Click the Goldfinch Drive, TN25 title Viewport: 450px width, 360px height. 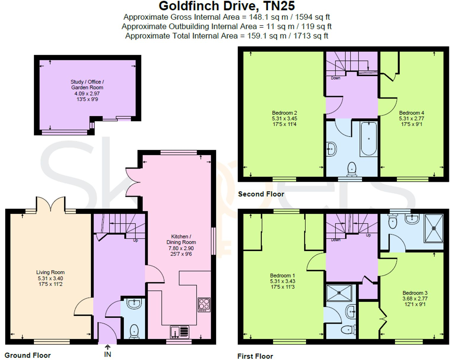[227, 6]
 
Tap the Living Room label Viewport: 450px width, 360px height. [50, 272]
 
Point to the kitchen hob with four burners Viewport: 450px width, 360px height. [204, 304]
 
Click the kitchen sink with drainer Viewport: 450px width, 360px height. [180, 332]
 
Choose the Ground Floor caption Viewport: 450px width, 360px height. [28, 355]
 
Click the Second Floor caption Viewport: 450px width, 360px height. [261, 194]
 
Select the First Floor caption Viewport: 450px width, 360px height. [255, 356]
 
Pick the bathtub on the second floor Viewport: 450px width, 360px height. [368, 139]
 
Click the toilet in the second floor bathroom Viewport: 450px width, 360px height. [351, 169]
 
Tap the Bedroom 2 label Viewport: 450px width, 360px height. [284, 113]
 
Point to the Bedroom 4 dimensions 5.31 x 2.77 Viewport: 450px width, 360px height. [411, 119]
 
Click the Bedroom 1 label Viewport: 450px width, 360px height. [282, 275]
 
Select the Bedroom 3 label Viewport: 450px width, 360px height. [415, 293]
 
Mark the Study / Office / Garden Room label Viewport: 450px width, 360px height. [87, 85]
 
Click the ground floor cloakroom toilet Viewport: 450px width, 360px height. [134, 331]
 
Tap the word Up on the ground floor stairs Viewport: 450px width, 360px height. [135, 240]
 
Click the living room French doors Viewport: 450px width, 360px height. [51, 204]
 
